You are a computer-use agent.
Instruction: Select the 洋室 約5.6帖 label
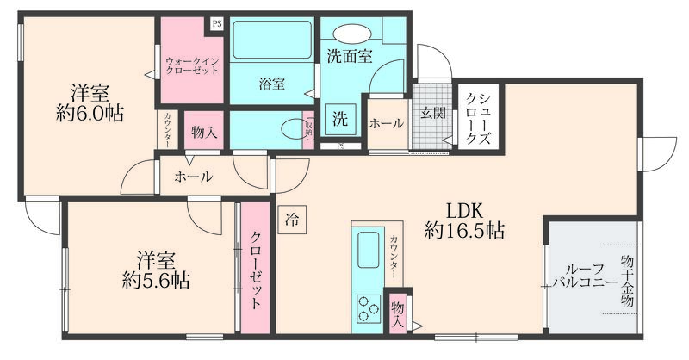pos(156,270)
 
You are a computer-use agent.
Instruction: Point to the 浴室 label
pos(272,84)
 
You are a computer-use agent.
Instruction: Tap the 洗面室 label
pos(349,57)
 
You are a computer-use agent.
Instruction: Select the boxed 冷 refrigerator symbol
pos(293,220)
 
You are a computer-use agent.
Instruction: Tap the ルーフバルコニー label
pos(584,275)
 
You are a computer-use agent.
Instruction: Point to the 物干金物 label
pos(626,280)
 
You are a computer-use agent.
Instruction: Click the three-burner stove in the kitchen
pos(369,307)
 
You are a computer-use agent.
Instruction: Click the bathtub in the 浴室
pos(271,39)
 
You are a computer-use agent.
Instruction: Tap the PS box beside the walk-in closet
pos(216,24)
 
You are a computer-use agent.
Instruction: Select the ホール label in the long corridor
pos(194,177)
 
